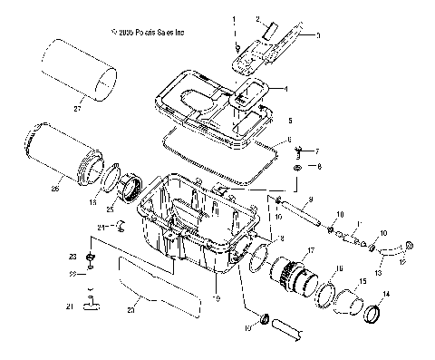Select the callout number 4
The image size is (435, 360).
[286, 89]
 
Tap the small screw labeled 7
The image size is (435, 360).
[300, 151]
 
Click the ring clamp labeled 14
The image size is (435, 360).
[372, 315]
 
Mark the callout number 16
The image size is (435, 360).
[341, 269]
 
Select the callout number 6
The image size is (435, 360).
[289, 141]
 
